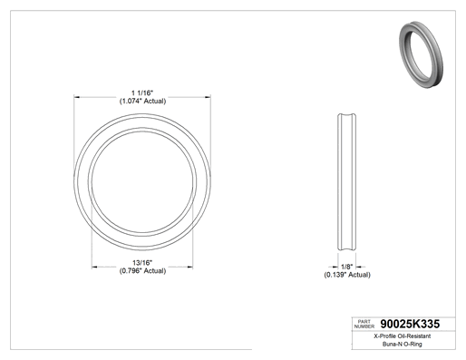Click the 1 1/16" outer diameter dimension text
[x=142, y=92]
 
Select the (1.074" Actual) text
[x=142, y=101]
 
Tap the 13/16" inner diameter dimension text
[x=142, y=263]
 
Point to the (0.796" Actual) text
[x=142, y=271]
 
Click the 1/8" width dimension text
[x=347, y=267]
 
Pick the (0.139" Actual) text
[x=347, y=275]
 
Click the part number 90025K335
[x=410, y=324]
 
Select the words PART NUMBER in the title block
[x=364, y=324]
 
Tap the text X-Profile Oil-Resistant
[x=403, y=336]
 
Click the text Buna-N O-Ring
[x=403, y=344]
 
